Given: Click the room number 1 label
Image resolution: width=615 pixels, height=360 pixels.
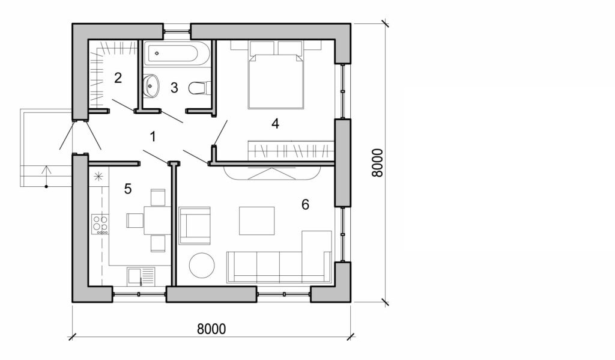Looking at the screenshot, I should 153,137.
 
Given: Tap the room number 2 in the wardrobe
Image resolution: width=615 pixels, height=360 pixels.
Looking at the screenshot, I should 118,78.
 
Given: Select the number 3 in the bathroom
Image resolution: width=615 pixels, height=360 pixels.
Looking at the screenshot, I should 174,88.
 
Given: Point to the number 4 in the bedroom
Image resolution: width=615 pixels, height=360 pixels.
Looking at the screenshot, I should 275,124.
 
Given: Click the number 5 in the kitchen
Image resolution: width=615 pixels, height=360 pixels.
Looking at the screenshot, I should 127,189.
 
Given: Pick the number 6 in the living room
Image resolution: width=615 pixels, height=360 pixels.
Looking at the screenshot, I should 305,205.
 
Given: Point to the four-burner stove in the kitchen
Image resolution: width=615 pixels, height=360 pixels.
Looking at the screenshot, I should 100,225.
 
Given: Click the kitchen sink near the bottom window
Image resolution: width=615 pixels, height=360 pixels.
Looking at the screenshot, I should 141,276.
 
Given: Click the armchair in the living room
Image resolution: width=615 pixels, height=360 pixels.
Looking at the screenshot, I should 195,225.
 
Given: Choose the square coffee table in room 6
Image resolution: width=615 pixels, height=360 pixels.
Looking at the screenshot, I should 256,221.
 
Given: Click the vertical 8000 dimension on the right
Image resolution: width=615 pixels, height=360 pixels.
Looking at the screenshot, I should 377,162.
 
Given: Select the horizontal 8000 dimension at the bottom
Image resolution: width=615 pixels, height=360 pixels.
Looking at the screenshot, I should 211,329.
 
